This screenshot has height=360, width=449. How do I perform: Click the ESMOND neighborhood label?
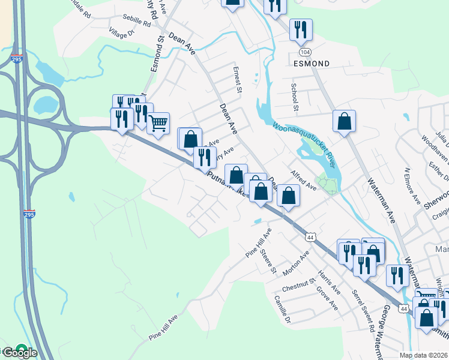tap(312, 62)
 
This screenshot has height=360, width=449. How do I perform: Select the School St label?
tap(295, 98)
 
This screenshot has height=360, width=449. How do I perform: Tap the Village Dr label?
tap(121, 32)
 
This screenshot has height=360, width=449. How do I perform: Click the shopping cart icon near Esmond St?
tap(158, 124)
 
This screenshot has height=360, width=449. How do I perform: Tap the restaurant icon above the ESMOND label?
tap(300, 29)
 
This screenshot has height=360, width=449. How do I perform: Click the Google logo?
tap(19, 352)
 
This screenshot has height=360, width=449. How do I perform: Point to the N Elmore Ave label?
tap(412, 187)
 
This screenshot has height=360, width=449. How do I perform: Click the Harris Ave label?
tap(330, 282)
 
